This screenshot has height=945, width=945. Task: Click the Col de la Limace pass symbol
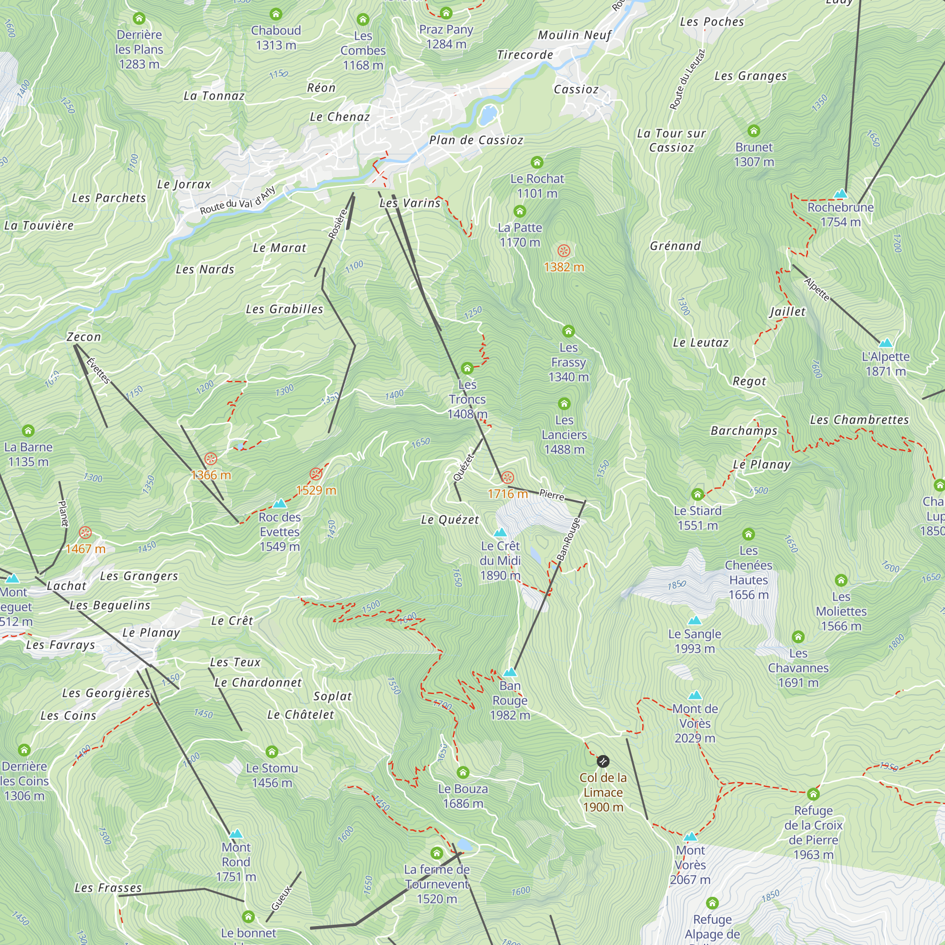click(602, 761)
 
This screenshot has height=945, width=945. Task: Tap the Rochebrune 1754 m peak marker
click(840, 194)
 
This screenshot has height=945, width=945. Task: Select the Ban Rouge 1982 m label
click(510, 700)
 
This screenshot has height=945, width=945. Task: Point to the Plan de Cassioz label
click(476, 140)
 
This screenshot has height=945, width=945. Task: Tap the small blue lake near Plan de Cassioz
click(488, 115)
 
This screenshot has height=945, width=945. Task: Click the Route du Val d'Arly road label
click(238, 200)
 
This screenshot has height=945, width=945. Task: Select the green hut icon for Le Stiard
click(697, 495)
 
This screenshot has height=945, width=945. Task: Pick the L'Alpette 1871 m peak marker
click(886, 343)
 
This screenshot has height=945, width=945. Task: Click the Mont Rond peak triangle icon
click(236, 833)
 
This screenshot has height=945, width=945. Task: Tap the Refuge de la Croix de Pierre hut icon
click(813, 794)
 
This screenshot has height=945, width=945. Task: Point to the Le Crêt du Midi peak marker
click(500, 532)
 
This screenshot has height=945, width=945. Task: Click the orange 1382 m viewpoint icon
click(564, 251)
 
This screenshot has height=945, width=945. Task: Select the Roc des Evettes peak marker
click(279, 503)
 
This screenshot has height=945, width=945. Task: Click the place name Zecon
click(84, 337)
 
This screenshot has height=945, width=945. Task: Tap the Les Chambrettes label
click(859, 420)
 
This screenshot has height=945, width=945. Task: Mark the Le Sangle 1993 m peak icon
click(695, 621)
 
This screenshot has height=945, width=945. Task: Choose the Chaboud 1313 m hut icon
click(276, 14)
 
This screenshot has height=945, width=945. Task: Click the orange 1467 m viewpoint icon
click(85, 533)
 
